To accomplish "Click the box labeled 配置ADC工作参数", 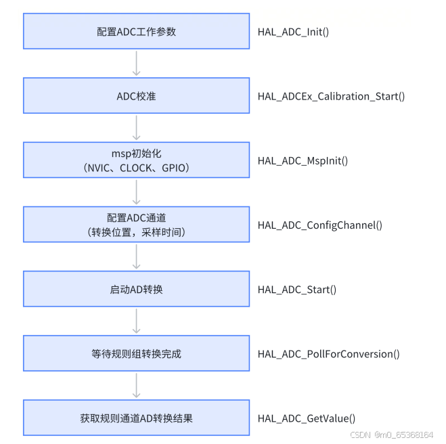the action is click(x=136, y=31).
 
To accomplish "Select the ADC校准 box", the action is click(x=136, y=95).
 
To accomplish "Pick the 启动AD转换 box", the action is click(x=136, y=289).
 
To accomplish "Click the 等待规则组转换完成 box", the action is click(x=136, y=353).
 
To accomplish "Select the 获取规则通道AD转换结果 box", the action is click(x=136, y=418).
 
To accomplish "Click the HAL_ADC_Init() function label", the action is click(x=293, y=32).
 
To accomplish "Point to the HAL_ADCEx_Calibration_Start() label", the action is click(x=331, y=96).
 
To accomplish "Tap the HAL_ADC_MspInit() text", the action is click(x=303, y=160).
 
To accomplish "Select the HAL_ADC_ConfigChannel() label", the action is click(x=319, y=225).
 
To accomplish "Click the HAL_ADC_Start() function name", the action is click(x=297, y=289).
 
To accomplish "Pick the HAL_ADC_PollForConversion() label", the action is click(x=328, y=353).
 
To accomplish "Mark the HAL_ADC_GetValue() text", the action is click(x=307, y=418).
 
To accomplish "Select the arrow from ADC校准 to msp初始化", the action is click(x=136, y=127).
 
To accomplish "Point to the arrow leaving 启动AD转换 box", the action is click(x=136, y=321).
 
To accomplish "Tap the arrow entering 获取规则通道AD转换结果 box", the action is click(x=136, y=385).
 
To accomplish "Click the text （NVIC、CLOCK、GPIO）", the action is click(x=136, y=167).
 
